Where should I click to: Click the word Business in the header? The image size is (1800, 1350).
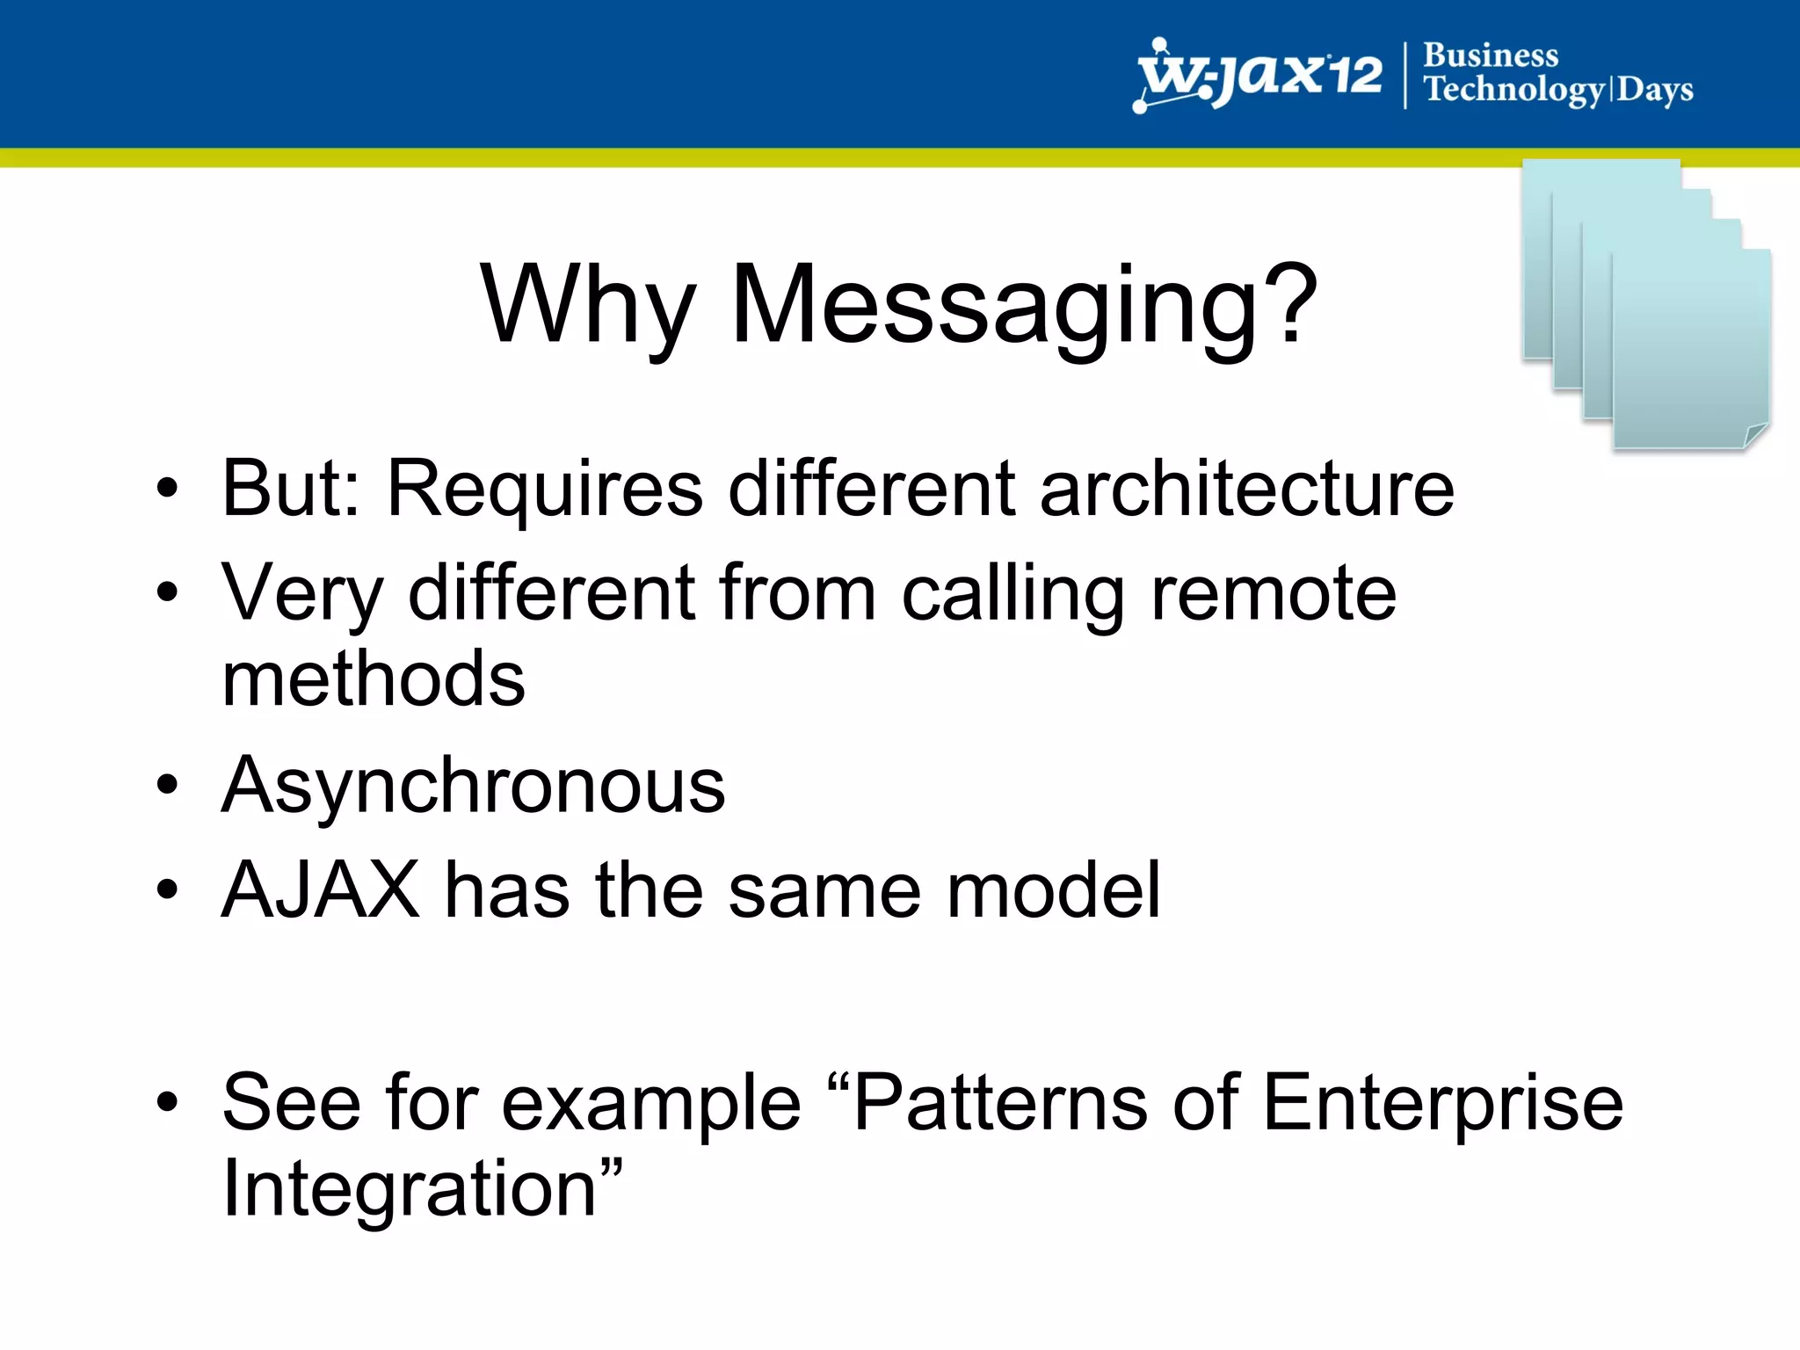click(x=1491, y=54)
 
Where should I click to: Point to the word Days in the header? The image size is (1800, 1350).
click(x=1655, y=90)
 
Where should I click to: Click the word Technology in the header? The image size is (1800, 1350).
click(x=1513, y=90)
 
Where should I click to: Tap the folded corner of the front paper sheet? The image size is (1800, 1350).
click(x=1755, y=435)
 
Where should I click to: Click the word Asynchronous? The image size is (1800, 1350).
click(x=473, y=785)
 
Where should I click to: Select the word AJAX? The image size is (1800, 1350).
click(x=321, y=889)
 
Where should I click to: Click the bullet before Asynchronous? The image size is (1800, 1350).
click(x=167, y=785)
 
